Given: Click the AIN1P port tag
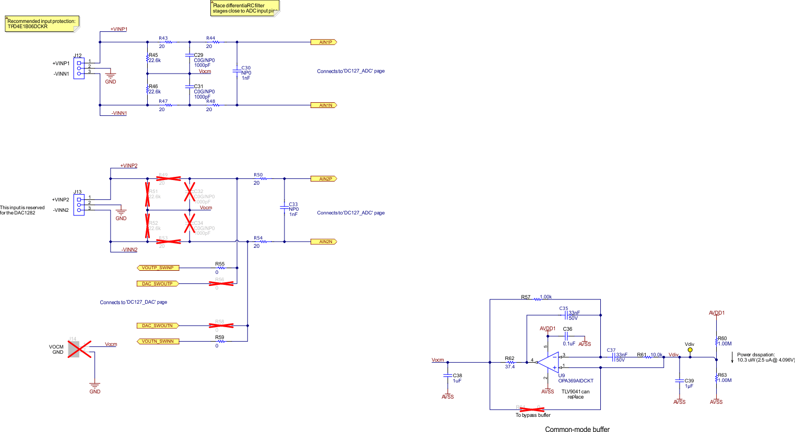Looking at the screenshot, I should (x=324, y=42).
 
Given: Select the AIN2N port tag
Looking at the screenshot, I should (x=324, y=242).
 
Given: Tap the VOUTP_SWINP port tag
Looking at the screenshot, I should (x=158, y=268).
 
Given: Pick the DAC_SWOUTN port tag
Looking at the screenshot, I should (x=158, y=326).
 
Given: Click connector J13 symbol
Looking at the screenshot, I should (x=79, y=205).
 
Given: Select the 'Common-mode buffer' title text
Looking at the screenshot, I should (x=577, y=429).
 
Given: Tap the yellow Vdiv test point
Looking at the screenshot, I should (x=690, y=350).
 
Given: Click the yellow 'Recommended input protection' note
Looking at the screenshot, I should (x=42, y=24).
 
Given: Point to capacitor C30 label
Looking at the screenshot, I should (x=246, y=68).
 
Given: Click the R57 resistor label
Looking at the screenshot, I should (x=525, y=297).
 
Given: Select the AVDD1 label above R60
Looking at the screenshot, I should (x=716, y=313).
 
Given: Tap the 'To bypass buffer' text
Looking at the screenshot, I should (x=533, y=415).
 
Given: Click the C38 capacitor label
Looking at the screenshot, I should (x=457, y=376).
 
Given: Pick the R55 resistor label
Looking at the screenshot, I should (x=220, y=264).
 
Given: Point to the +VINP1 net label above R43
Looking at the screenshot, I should (x=118, y=29).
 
